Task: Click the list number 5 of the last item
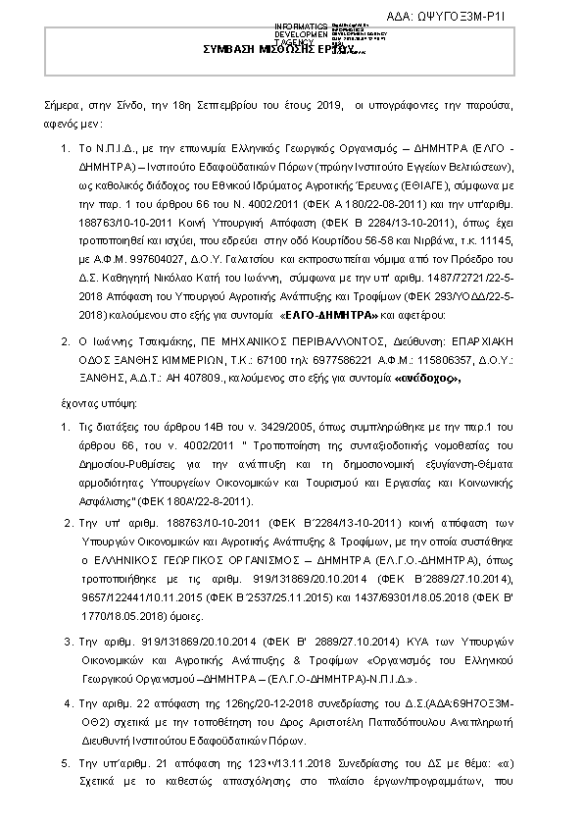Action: [x=66, y=761]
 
